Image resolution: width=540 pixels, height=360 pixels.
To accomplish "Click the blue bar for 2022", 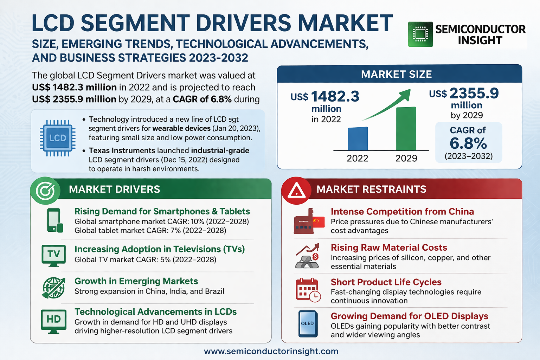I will (358, 139).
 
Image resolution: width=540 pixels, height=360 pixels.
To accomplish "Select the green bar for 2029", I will (406, 129).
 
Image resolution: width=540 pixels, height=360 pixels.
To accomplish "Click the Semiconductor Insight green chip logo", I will (420, 34).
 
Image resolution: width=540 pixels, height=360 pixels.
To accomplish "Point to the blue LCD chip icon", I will (57, 138).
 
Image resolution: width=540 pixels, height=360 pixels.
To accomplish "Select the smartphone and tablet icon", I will (54, 220).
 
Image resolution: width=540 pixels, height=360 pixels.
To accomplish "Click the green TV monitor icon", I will (53, 255).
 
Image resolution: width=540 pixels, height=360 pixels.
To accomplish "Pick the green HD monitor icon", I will (53, 321).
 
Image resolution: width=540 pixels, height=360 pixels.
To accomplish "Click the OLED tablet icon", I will (308, 323).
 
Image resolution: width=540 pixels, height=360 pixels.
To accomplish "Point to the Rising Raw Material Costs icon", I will (308, 256).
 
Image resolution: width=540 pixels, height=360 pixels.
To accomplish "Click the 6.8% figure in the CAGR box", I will (468, 143).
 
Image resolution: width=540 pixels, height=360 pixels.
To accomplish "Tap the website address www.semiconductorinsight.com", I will (271, 351).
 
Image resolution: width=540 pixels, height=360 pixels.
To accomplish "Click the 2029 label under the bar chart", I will (406, 158).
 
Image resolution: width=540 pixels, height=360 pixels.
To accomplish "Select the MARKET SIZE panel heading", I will (396, 75).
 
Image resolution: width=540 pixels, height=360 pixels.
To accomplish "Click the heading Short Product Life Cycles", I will (386, 282).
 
